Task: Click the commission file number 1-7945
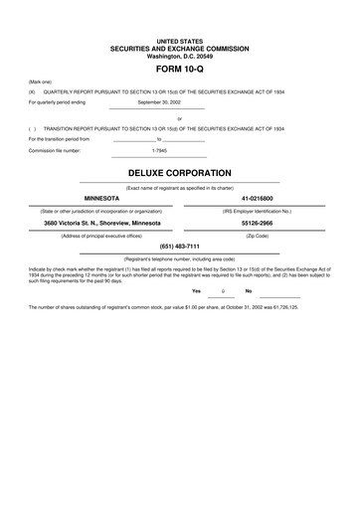pos(160,150)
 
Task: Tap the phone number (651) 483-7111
pos(179,246)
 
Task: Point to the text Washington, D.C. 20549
pos(179,56)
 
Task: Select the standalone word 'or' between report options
pos(179,119)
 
